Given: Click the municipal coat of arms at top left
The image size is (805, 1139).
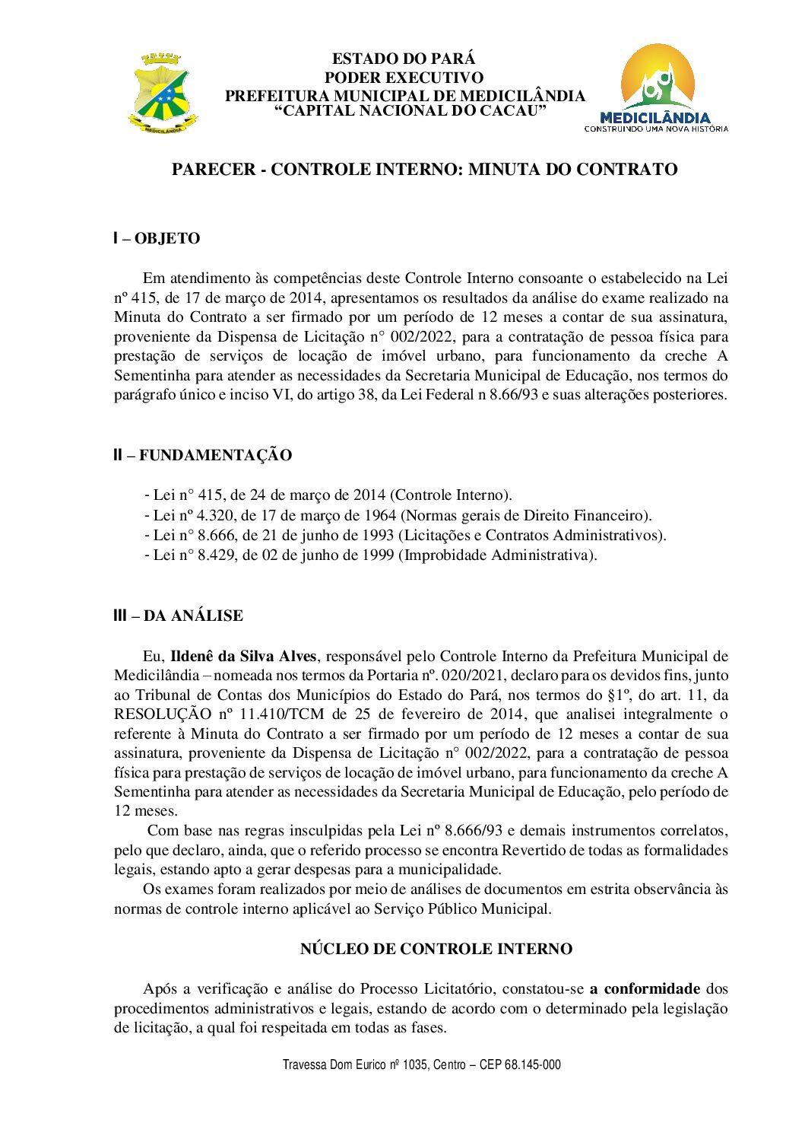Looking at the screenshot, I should pyautogui.click(x=162, y=94).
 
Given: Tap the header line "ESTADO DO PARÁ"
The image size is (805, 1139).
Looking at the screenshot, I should pyautogui.click(x=403, y=59).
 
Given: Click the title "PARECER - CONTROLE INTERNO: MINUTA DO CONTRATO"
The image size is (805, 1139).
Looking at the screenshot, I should pyautogui.click(x=424, y=169).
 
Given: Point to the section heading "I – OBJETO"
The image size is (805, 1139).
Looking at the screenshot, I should pyautogui.click(x=157, y=238).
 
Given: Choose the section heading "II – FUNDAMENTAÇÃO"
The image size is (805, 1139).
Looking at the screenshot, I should pyautogui.click(x=202, y=455).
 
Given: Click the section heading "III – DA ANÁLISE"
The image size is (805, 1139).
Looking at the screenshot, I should pyautogui.click(x=178, y=616).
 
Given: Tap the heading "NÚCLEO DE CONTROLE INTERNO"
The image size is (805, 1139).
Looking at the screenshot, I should pyautogui.click(x=436, y=949).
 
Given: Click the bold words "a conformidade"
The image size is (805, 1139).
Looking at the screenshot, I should pyautogui.click(x=645, y=988).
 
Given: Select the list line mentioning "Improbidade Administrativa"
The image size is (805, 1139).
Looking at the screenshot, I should pyautogui.click(x=370, y=555).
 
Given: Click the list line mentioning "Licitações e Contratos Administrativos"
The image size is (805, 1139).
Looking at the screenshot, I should pyautogui.click(x=405, y=535).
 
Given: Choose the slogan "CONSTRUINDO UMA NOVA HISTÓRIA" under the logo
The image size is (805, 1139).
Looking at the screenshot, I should pyautogui.click(x=656, y=129).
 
